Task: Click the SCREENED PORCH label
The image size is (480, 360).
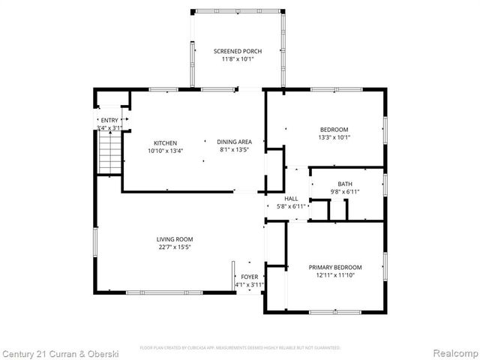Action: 237,51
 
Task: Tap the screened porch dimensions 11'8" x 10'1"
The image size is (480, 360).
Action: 237,59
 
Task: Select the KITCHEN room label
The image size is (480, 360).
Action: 165,142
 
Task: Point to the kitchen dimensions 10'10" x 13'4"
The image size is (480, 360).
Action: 165,151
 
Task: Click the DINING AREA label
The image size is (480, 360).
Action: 234,142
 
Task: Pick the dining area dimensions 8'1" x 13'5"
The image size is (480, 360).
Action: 234,150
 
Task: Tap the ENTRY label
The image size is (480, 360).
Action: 109,120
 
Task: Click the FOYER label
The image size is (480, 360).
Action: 250,277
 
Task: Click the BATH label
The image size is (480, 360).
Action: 345,184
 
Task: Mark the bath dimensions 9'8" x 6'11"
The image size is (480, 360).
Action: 345,192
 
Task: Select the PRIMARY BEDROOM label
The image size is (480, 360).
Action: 335,268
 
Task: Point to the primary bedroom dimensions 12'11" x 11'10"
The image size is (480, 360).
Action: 335,276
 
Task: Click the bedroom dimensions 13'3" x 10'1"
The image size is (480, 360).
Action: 334,137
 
